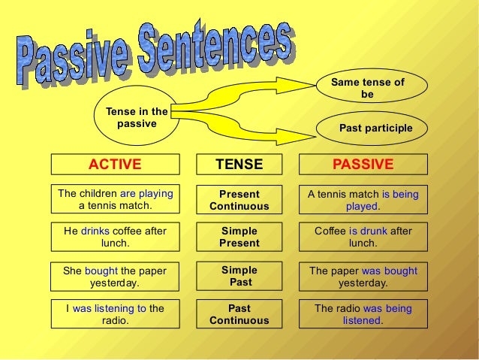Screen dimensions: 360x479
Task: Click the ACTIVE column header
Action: [115, 165]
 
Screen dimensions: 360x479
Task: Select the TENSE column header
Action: [239, 165]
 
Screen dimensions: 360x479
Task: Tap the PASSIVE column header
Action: [363, 165]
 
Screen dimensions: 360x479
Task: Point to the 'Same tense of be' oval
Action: [367, 89]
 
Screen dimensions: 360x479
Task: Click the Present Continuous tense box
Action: [239, 200]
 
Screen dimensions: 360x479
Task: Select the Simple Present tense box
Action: [239, 237]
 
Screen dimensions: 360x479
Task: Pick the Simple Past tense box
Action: [239, 277]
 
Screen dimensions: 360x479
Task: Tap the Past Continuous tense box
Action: [239, 314]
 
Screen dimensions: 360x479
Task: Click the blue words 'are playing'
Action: [146, 193]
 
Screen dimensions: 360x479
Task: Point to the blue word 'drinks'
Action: [95, 231]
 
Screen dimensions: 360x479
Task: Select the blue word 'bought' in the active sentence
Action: [101, 271]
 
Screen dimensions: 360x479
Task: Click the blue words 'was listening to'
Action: [109, 308]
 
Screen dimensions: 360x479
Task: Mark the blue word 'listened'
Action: [362, 320]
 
